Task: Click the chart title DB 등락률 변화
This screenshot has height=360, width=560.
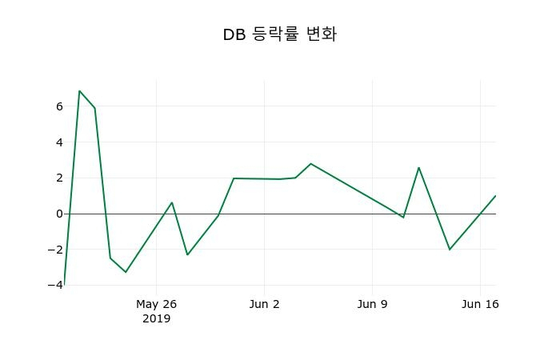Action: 279,34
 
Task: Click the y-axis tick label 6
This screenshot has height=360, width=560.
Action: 59,106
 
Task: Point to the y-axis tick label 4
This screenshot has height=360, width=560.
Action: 59,142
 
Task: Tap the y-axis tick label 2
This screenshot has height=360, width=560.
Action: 59,178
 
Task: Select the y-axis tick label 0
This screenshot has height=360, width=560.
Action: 59,214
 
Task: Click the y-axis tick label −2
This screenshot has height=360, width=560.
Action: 57,250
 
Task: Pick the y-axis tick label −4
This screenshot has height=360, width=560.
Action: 57,285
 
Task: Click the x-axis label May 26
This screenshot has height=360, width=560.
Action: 156,304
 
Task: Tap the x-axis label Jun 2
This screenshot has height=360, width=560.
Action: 265,304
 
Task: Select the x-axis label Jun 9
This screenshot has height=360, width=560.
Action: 372,304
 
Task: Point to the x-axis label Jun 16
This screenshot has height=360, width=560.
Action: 480,304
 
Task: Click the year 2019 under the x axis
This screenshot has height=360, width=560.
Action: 156,318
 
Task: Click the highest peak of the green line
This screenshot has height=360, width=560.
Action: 79,91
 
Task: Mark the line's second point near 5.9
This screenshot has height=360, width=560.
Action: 94,108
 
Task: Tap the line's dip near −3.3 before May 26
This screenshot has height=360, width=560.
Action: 126,272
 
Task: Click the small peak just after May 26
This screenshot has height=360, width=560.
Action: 172,202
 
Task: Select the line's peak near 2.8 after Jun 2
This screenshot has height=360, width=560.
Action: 310,163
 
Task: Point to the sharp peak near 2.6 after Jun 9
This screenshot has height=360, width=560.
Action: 418,167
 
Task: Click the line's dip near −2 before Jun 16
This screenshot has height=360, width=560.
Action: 450,250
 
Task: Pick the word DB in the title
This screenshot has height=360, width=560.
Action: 234,34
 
